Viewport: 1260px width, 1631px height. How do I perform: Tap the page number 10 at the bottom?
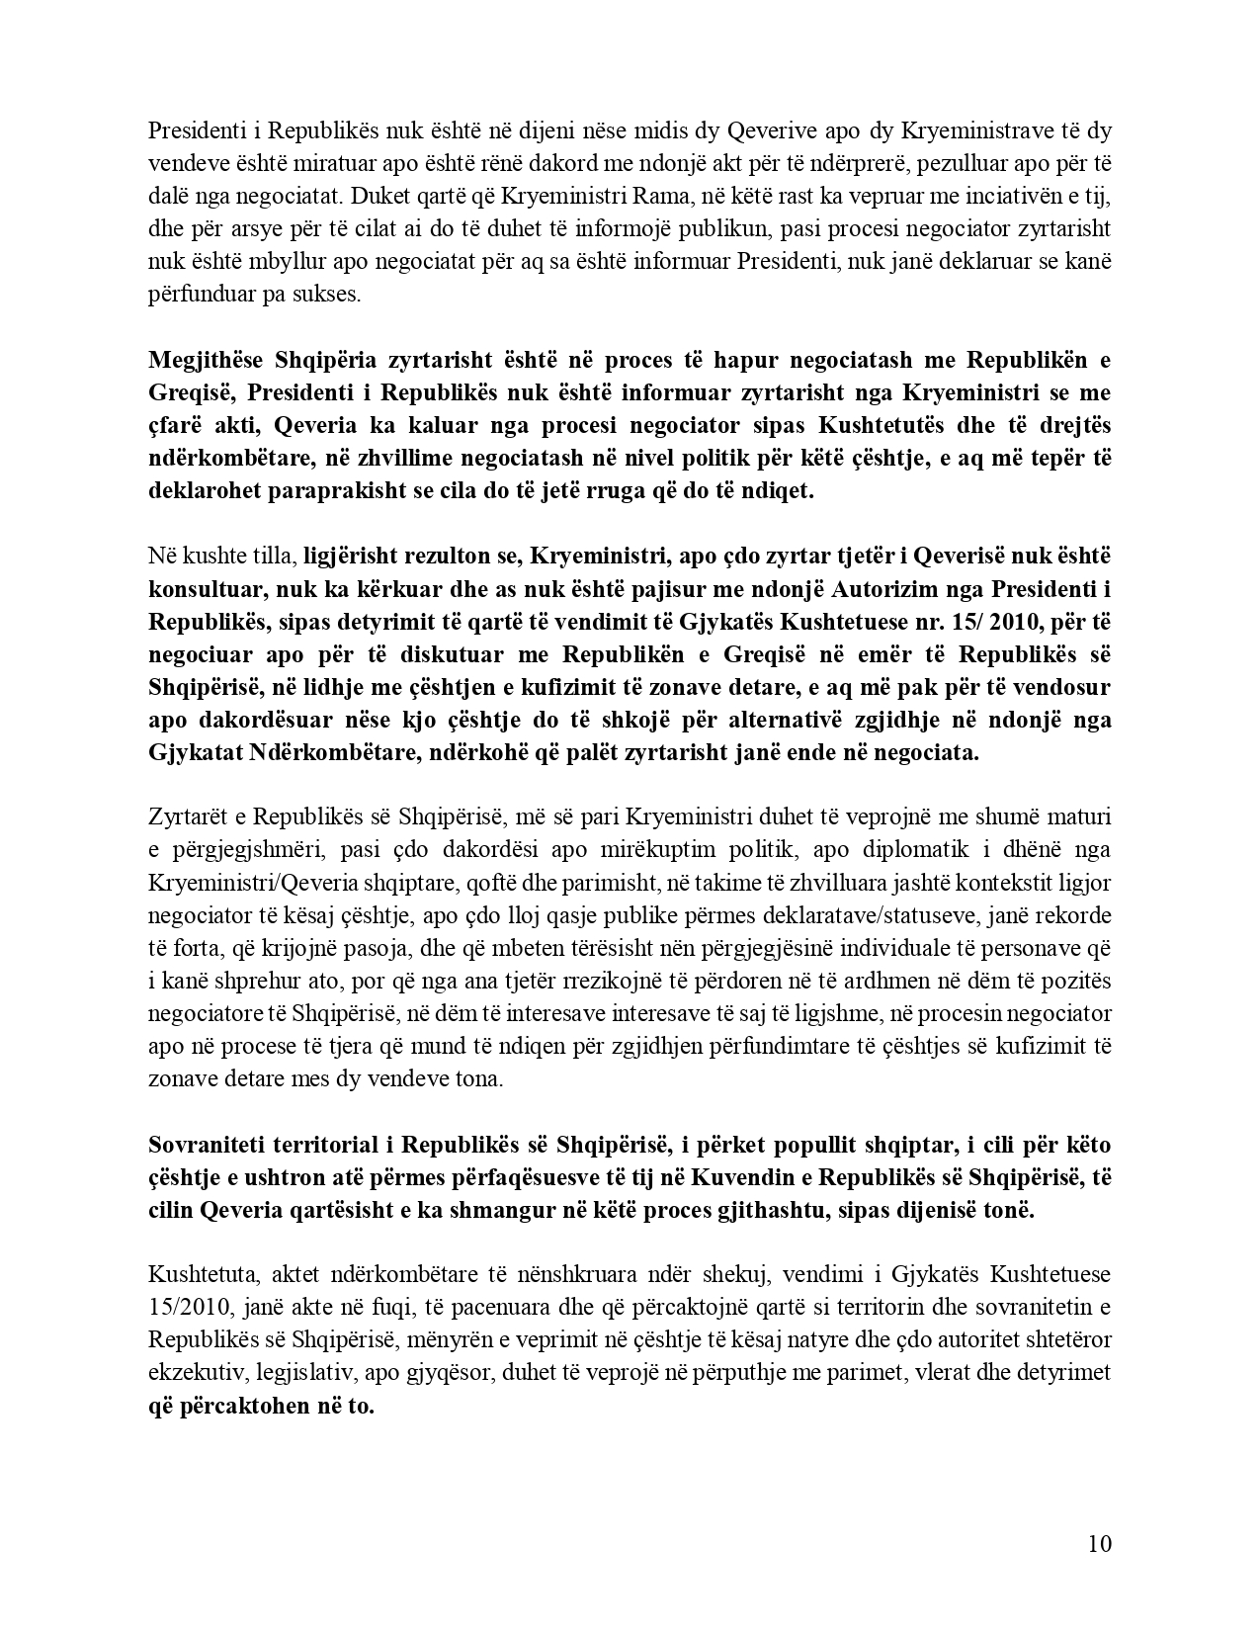[x=1099, y=1543]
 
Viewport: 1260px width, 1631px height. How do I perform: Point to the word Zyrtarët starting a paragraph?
[x=189, y=817]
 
